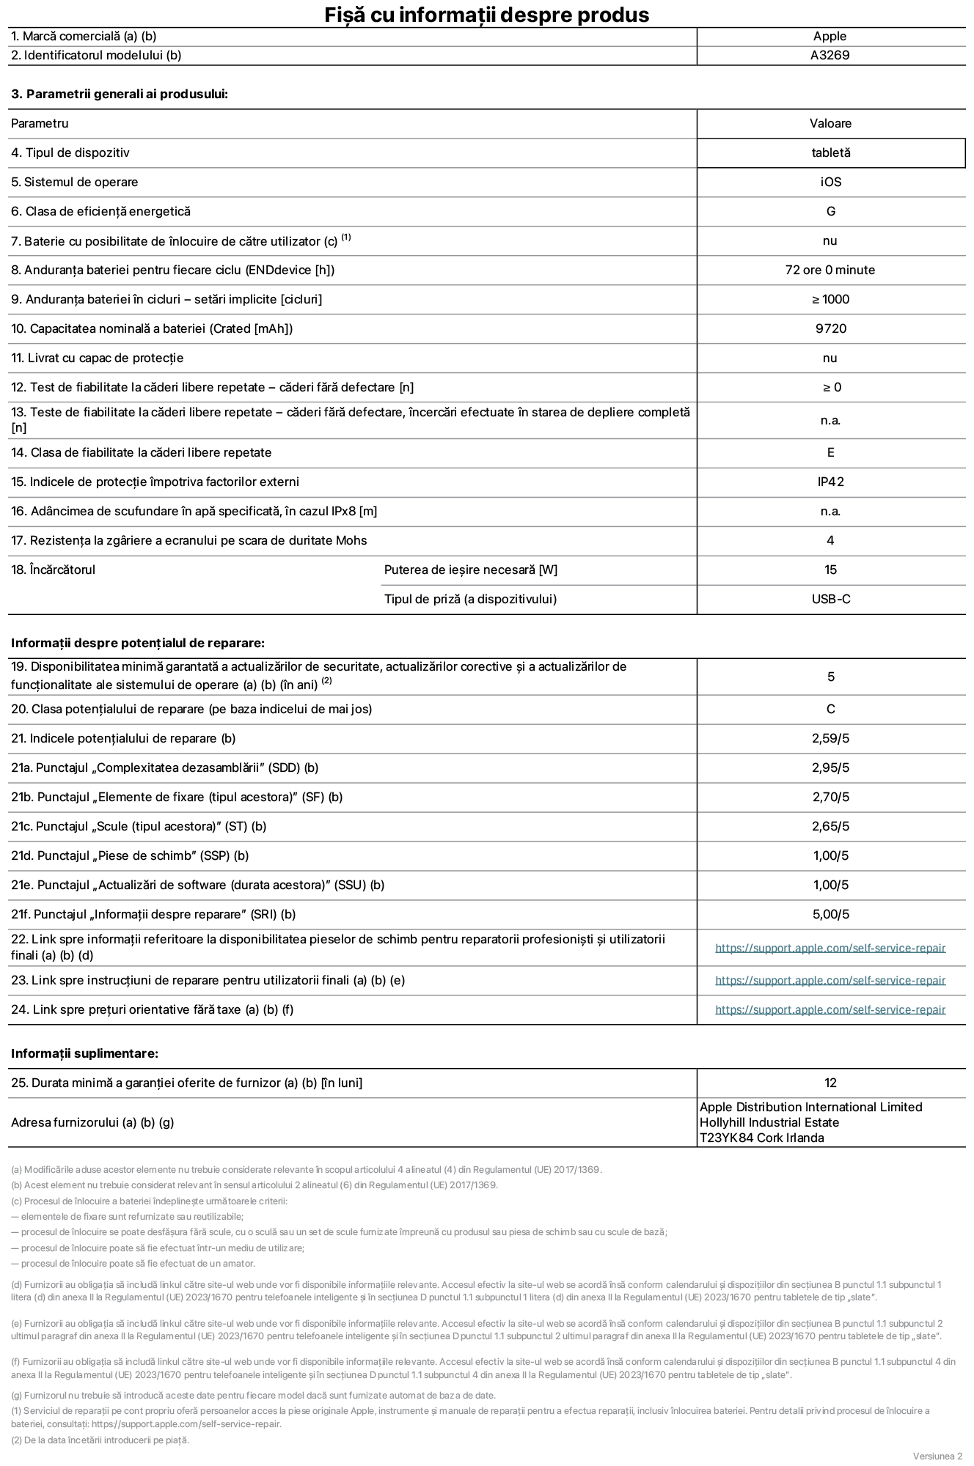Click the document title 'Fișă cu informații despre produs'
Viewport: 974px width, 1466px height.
tap(486, 15)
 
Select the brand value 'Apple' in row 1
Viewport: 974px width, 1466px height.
tap(830, 36)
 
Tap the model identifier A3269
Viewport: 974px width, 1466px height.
tap(830, 55)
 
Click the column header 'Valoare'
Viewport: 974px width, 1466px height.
tap(830, 123)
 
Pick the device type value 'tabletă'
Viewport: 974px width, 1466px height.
tap(830, 152)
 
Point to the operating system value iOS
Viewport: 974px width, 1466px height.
tap(830, 182)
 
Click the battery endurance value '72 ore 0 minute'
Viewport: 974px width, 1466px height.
tap(830, 270)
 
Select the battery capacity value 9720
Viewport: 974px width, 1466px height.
tap(830, 328)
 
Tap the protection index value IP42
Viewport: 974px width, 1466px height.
tap(830, 482)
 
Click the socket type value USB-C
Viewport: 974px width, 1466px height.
tap(830, 599)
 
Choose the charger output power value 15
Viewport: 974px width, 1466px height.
tap(830, 570)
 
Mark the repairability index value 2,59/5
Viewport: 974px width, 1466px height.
tap(830, 738)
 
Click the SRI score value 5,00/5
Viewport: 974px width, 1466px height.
tap(830, 914)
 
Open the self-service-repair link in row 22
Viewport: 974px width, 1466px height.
tap(830, 948)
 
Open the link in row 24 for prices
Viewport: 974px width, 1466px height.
tap(830, 1009)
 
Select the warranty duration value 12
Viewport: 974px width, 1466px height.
tap(830, 1083)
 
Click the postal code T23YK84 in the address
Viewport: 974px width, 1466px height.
tap(725, 1138)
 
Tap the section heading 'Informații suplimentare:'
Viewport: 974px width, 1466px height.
tap(84, 1053)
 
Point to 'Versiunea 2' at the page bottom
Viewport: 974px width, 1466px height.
tap(937, 1455)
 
